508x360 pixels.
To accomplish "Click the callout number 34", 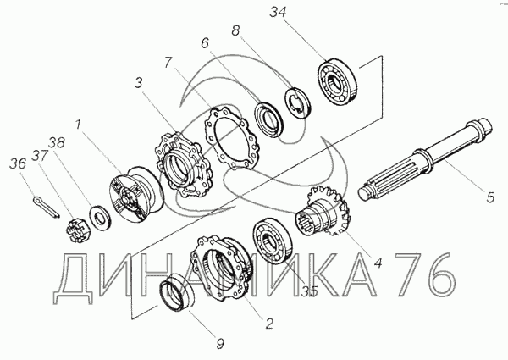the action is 279,13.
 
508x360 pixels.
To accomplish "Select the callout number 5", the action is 490,197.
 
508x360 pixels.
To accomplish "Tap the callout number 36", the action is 18,163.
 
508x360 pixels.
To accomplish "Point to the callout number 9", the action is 220,343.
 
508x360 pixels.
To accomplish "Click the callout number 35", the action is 309,292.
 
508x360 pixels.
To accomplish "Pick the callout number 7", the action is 168,62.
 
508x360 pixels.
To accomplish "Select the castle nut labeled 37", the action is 78,230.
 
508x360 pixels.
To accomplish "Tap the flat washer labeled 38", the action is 101,218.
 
